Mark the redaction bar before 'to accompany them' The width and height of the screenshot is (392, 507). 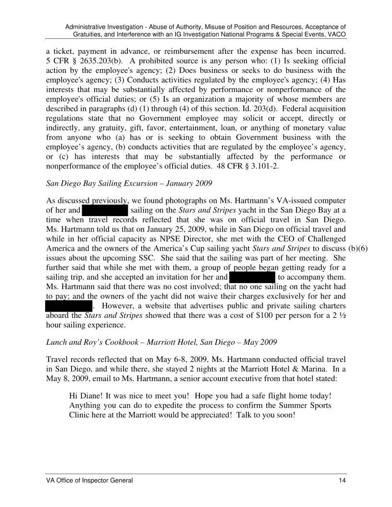coord(252,278)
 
